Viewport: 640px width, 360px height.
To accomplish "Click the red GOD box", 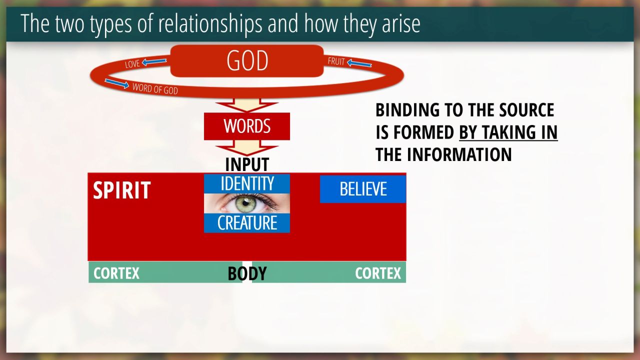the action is (247, 60).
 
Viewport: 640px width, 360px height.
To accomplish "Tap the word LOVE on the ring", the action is (132, 63).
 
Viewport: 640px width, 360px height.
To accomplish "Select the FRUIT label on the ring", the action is (336, 61).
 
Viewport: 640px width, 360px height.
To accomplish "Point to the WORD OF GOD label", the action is (155, 88).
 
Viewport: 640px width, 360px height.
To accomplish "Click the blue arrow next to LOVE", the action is (154, 61).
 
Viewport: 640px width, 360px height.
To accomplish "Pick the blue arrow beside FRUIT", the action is (359, 63).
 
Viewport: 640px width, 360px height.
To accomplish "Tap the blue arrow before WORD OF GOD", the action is (117, 83).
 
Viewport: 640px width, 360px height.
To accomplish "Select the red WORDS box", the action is (247, 126).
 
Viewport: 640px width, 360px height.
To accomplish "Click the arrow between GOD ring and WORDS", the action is (247, 105).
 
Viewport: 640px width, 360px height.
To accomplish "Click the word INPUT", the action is (247, 164).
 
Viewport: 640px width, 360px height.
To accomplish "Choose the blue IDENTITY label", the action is (247, 183).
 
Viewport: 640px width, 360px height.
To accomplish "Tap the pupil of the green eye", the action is (245, 203).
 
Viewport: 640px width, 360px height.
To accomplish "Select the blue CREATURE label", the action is (247, 223).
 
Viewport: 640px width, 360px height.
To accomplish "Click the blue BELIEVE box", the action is (363, 189).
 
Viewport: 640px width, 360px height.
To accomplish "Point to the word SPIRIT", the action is (122, 190).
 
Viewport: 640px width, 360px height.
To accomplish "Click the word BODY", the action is (247, 273).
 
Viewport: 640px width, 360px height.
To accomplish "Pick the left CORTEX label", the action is (116, 273).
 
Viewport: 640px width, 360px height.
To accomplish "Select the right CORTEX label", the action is (378, 273).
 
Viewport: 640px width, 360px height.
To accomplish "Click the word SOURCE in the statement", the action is (526, 109).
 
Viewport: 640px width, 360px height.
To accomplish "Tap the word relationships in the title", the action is (210, 23).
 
